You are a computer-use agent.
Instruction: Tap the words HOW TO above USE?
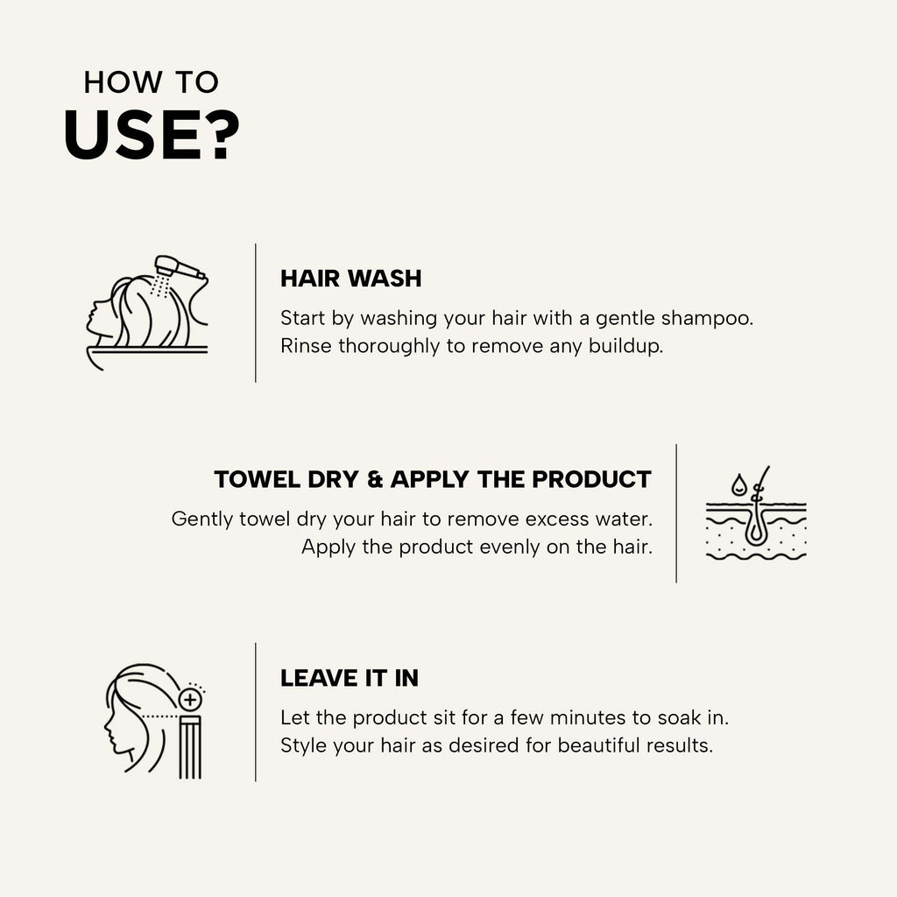[x=151, y=82]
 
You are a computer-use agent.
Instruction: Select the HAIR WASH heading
[x=350, y=279]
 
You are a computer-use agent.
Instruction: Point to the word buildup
[x=625, y=346]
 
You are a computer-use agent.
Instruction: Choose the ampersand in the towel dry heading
[x=375, y=479]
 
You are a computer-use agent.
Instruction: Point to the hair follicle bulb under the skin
[x=755, y=530]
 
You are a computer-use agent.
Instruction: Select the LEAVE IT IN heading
[x=350, y=679]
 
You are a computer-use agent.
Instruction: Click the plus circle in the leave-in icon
[x=190, y=699]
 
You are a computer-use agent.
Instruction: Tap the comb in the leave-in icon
[x=190, y=747]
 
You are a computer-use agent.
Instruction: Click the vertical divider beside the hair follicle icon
[x=676, y=513]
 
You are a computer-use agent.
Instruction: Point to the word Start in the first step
[x=302, y=318]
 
